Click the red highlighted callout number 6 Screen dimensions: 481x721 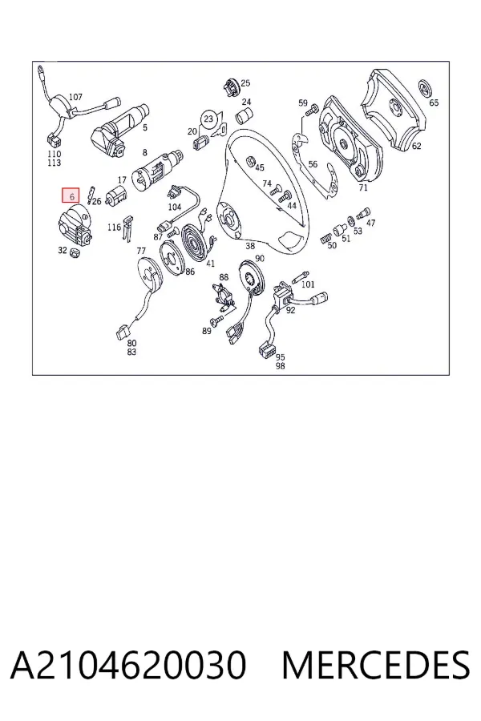click(x=71, y=196)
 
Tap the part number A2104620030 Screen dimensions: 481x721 click(x=128, y=665)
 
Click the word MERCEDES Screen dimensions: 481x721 click(x=376, y=665)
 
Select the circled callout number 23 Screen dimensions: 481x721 click(x=208, y=119)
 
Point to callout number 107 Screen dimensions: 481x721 click(x=75, y=97)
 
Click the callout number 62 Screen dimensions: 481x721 click(x=416, y=147)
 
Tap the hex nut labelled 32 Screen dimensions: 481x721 click(x=74, y=252)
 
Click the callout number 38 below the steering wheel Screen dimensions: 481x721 click(x=250, y=246)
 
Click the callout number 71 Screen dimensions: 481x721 click(x=363, y=187)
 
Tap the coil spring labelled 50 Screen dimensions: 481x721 click(x=325, y=239)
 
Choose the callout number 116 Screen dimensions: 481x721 click(x=114, y=228)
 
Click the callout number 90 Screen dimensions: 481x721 click(x=260, y=259)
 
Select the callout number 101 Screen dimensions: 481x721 click(x=308, y=284)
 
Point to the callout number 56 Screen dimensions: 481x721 click(x=313, y=164)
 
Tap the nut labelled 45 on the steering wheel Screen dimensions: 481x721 click(x=249, y=161)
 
